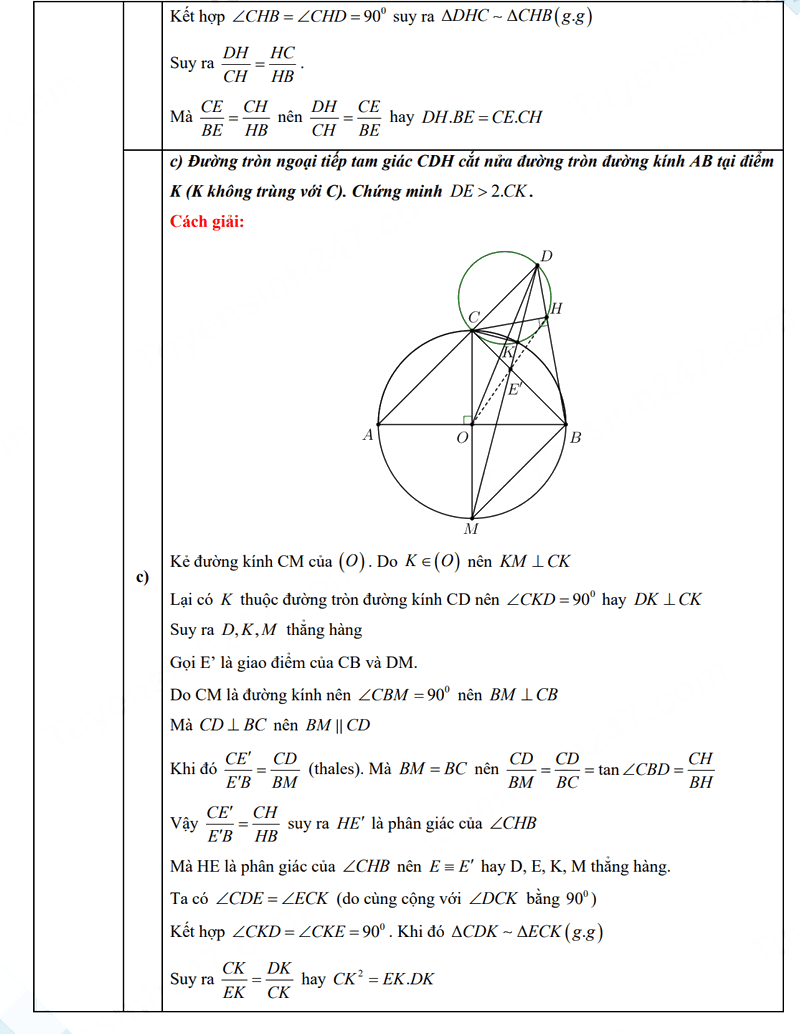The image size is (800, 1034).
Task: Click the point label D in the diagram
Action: click(x=546, y=256)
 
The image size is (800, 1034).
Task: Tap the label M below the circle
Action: click(x=470, y=529)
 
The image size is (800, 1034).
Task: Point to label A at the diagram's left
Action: click(x=367, y=435)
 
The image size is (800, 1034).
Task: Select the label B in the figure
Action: click(x=576, y=437)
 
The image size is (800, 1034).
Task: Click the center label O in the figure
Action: click(x=462, y=438)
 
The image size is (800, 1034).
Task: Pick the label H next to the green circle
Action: click(x=556, y=308)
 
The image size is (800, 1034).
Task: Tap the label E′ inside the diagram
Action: click(x=515, y=388)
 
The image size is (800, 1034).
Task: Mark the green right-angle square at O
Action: click(x=467, y=419)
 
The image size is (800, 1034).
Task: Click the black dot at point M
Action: click(x=472, y=516)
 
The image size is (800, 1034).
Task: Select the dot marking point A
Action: click(x=378, y=423)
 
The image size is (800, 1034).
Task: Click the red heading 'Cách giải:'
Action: click(x=208, y=221)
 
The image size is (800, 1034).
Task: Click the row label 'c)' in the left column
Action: click(x=142, y=577)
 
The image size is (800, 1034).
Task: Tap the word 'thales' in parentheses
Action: click(x=337, y=770)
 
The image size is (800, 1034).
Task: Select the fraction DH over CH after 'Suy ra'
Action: click(x=236, y=62)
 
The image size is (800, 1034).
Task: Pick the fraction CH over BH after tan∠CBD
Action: click(x=701, y=770)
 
